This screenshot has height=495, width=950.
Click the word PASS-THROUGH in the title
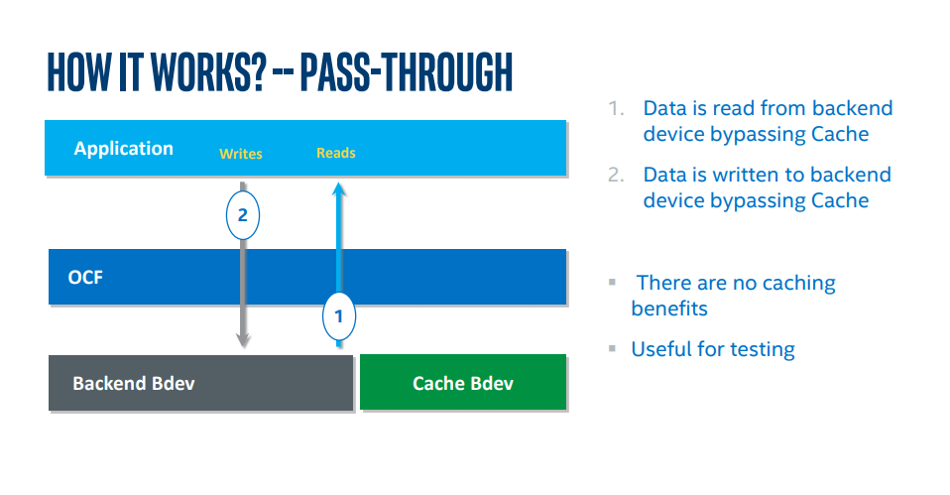[406, 72]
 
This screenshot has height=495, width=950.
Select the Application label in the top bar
[124, 149]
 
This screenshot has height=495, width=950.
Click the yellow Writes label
[241, 154]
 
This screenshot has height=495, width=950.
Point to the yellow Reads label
[335, 153]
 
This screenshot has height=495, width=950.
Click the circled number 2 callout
[243, 215]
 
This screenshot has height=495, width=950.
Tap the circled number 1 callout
[339, 316]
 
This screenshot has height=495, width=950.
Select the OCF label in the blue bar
[85, 278]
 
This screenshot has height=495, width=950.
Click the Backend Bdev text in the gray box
[134, 384]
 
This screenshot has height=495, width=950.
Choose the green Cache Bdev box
[463, 382]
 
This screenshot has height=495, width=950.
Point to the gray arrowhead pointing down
[243, 340]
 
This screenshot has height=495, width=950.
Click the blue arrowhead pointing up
[339, 189]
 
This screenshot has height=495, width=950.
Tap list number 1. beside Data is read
[616, 108]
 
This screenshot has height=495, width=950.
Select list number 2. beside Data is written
[616, 176]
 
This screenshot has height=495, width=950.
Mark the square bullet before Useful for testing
[613, 348]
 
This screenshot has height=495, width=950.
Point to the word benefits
[669, 309]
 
